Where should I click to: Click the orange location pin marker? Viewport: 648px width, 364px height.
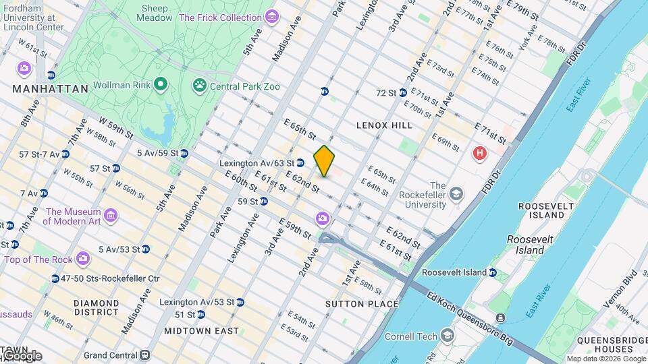tap(324, 160)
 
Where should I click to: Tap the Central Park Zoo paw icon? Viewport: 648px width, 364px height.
tap(199, 86)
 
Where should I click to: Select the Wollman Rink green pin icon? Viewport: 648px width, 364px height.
tap(160, 85)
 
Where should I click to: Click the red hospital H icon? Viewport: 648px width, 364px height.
tap(480, 154)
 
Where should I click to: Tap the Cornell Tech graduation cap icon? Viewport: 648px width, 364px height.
tap(447, 336)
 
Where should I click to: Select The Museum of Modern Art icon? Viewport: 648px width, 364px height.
tap(111, 216)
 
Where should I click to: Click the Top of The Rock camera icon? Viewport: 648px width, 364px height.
tap(82, 259)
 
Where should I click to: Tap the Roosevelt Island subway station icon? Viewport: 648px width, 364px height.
tap(493, 272)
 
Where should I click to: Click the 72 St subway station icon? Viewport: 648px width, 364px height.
tap(402, 92)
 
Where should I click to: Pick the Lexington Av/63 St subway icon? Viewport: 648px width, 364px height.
tap(300, 162)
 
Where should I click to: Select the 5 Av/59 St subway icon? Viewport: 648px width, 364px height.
tap(184, 153)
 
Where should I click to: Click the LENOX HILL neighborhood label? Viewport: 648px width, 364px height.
tap(384, 125)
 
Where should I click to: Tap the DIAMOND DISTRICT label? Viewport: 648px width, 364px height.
tap(97, 308)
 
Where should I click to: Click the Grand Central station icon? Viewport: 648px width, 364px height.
tap(144, 355)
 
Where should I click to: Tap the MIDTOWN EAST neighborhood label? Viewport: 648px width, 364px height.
tap(201, 331)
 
